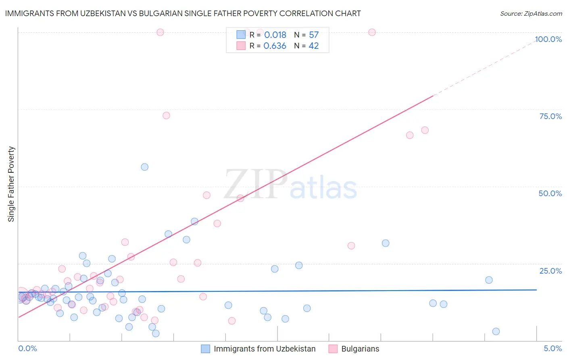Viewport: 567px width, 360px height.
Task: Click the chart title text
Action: coord(183,13)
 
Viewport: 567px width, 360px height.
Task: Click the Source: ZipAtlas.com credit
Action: coord(531,13)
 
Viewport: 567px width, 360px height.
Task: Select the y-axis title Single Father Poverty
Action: coord(11,184)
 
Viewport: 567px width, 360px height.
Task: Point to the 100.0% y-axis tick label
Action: coord(548,39)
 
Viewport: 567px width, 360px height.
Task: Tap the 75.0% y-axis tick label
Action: coord(550,116)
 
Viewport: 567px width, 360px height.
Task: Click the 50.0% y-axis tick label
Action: coord(550,193)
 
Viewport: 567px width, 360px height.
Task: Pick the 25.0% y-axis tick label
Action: coord(550,270)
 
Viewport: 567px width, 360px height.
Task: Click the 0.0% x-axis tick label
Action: coord(27,348)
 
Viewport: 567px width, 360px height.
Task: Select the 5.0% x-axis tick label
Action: coord(552,348)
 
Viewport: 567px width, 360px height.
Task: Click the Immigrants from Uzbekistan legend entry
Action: coord(264,349)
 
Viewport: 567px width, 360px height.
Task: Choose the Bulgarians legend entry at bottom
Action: coord(360,349)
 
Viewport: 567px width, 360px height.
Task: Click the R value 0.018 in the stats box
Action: coord(275,35)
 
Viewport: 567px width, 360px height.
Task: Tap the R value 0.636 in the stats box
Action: coord(275,46)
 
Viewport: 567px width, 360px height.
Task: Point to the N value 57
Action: coord(314,35)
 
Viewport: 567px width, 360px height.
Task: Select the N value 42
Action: coord(313,46)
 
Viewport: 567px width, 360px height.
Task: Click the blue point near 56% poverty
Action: coord(145,167)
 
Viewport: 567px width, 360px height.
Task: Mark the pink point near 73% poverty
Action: coord(166,115)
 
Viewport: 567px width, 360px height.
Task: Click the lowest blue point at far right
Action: coord(496,331)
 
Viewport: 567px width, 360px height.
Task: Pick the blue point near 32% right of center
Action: coord(386,243)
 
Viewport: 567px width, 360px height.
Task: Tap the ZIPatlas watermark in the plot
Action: coord(290,185)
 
